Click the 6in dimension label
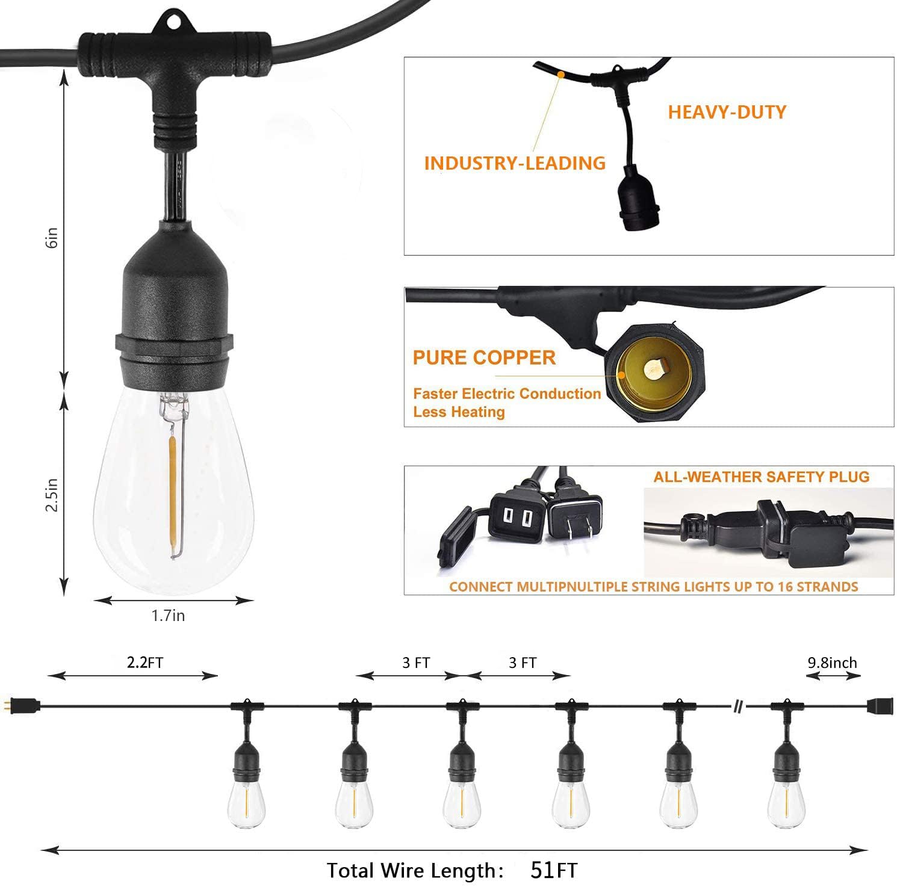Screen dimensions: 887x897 tap(53, 238)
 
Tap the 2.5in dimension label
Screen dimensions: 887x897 tap(53, 495)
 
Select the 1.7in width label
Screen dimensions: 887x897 tap(168, 616)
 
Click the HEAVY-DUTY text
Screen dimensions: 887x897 tap(727, 112)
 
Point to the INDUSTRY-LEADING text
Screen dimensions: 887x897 tap(515, 163)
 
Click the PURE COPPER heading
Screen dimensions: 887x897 tap(484, 357)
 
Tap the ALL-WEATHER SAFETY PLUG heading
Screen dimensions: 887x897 tap(762, 477)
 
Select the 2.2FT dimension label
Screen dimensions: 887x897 tap(145, 663)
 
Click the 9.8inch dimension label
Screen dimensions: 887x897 tap(832, 663)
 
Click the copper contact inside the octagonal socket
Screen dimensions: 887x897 tap(653, 367)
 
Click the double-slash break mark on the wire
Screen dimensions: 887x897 tap(737, 706)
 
